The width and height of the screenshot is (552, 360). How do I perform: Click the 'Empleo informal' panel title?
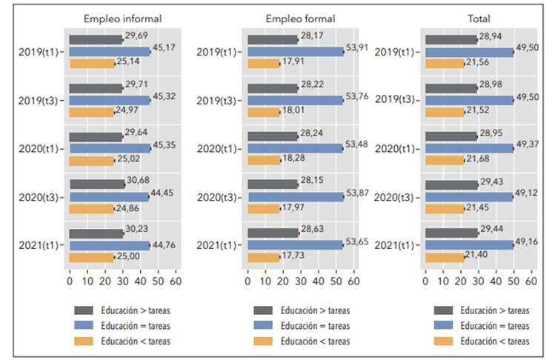(122, 19)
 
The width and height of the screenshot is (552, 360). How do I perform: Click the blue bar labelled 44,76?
(110, 245)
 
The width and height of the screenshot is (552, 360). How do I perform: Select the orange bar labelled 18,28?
(263, 160)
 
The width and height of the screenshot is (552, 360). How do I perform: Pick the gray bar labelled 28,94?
(450, 40)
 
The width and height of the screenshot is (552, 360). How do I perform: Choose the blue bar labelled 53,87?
(296, 197)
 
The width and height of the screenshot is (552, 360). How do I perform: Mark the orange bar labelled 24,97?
(91, 112)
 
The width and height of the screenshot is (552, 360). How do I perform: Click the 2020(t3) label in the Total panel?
(396, 197)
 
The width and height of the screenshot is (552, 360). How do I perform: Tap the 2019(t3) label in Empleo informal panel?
(41, 100)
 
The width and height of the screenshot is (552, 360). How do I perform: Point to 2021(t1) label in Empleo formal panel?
(219, 245)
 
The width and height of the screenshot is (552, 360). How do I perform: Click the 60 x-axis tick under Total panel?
(531, 282)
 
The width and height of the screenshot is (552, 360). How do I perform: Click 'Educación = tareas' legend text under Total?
(494, 326)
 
